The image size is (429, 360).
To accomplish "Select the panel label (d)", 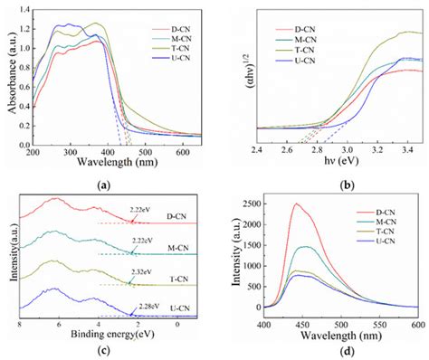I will click(320, 350).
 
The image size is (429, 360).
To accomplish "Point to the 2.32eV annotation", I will click(138, 271).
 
